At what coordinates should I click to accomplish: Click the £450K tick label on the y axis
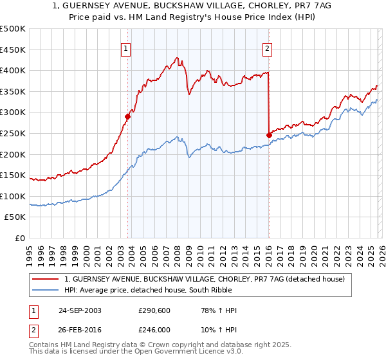pos(13,50)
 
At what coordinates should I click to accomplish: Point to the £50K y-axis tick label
pos(15,217)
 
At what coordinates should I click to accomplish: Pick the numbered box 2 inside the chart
pos(267,47)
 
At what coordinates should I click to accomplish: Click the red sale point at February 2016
pos(269,135)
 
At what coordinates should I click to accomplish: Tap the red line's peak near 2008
pos(177,58)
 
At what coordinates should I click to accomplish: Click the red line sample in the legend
pos(46,279)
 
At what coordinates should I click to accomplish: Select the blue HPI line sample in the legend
pos(46,290)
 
